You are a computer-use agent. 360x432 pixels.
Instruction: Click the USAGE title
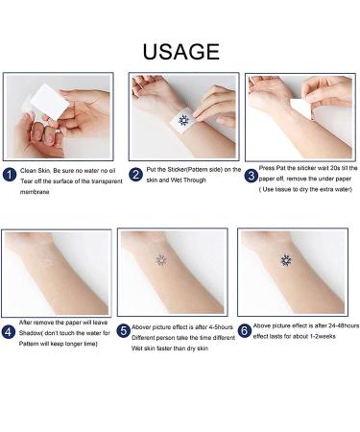[x=180, y=51]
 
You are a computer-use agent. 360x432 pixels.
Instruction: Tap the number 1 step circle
[x=10, y=175]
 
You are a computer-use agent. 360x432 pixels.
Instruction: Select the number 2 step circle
[x=135, y=175]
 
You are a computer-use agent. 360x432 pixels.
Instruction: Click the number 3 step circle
[x=251, y=175]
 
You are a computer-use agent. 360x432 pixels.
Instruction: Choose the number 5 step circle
[x=125, y=331]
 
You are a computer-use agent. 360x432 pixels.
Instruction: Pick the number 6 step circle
[x=246, y=331]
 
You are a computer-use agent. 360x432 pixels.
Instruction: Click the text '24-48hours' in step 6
[x=332, y=325]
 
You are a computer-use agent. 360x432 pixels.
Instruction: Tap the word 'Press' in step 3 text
[x=268, y=167]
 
